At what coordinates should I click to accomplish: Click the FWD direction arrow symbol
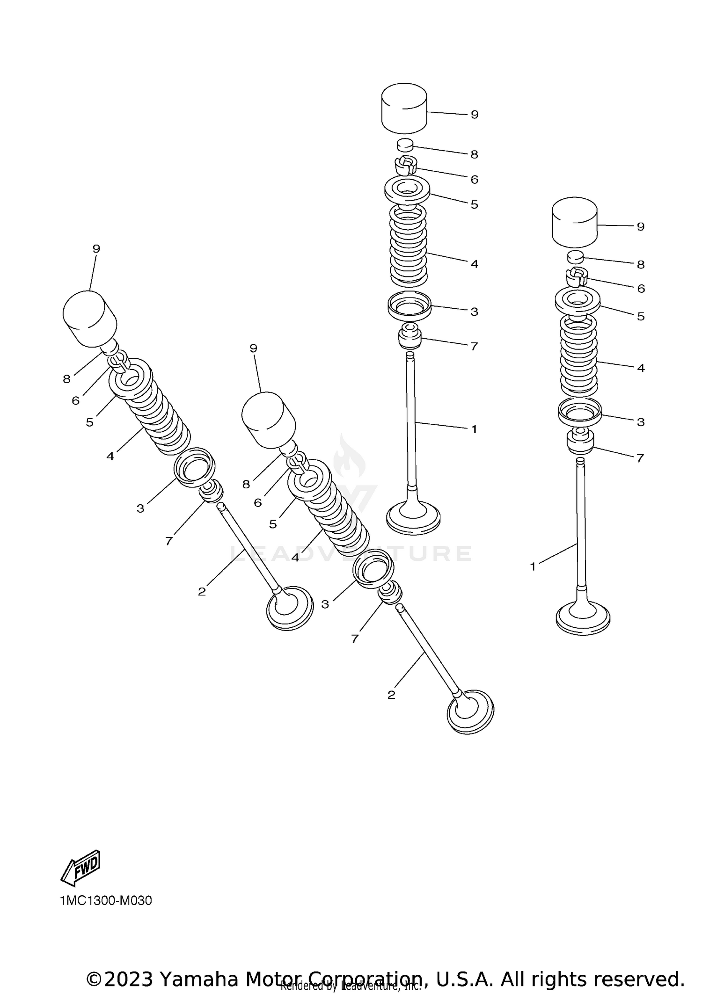tap(80, 868)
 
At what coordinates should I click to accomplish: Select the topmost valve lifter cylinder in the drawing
tap(404, 109)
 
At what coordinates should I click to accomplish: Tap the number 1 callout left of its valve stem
tap(533, 566)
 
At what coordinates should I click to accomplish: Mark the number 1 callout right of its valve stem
tap(474, 429)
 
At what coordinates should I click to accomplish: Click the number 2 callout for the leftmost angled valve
tap(202, 592)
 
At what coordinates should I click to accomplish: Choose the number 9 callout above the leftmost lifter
tap(96, 248)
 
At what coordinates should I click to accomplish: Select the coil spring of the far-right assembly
tap(579, 356)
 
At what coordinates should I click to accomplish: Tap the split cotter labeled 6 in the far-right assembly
tap(577, 277)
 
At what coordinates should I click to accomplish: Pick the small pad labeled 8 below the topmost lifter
tap(406, 145)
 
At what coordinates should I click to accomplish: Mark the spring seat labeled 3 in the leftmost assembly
tap(194, 466)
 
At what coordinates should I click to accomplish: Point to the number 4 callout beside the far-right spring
tap(641, 368)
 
